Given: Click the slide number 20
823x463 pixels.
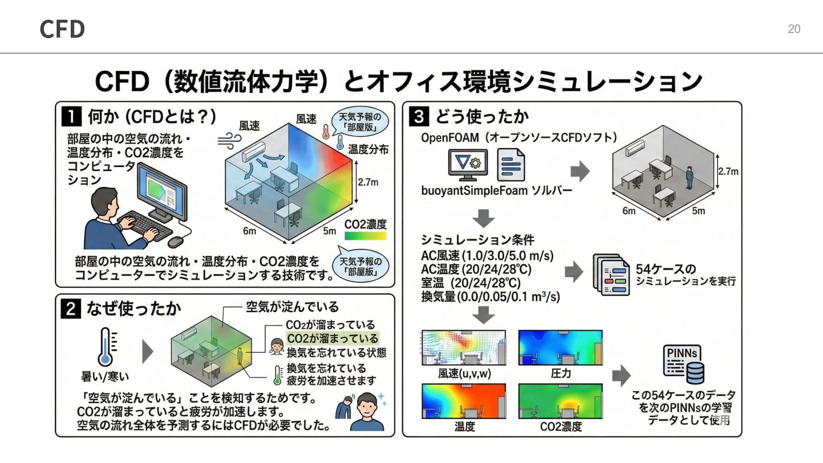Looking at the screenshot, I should (x=794, y=29).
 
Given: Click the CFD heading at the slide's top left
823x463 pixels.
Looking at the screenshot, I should (x=62, y=29).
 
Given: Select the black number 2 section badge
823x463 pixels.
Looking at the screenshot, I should (x=71, y=309).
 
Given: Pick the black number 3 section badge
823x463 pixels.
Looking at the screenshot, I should (x=419, y=116).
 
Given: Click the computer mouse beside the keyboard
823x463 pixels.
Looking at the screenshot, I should (x=176, y=242).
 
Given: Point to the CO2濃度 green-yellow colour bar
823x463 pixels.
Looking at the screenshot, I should (x=365, y=236).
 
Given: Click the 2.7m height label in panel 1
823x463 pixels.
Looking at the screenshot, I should (x=368, y=182).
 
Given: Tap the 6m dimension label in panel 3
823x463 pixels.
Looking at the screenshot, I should (x=629, y=211).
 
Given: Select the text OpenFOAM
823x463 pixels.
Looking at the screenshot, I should (x=450, y=138).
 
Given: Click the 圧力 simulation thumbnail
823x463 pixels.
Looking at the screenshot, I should (x=560, y=348).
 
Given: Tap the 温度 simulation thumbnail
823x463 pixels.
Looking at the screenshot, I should (x=464, y=401).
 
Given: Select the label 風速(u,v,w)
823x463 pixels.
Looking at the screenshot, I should (x=464, y=374).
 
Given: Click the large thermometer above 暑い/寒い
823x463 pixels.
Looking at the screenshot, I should (x=105, y=347).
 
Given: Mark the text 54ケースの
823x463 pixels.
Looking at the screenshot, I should (x=666, y=269).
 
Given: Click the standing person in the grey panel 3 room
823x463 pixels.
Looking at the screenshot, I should (x=689, y=177).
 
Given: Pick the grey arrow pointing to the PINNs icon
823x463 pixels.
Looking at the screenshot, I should (x=621, y=376).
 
